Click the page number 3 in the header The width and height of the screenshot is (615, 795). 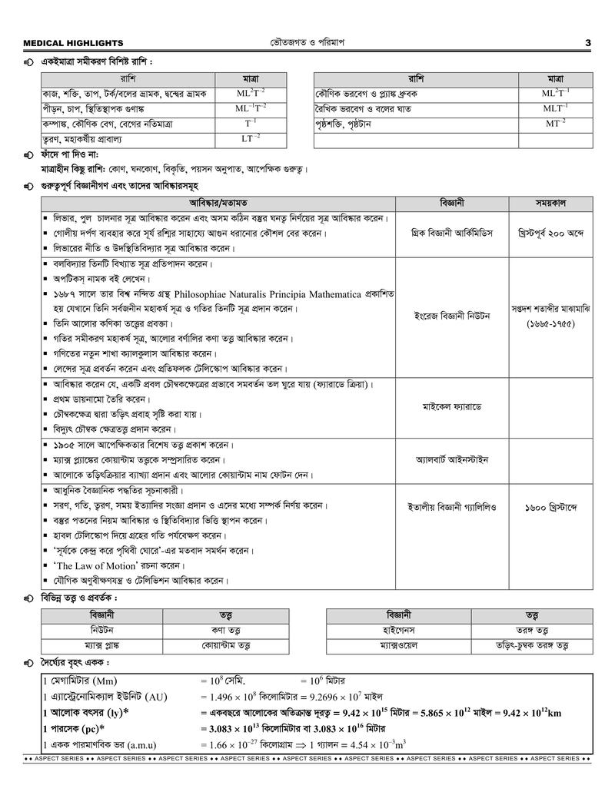click(x=587, y=43)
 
